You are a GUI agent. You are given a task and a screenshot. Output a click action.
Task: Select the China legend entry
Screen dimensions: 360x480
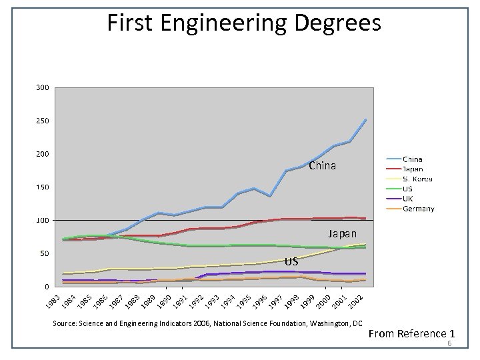click(x=412, y=159)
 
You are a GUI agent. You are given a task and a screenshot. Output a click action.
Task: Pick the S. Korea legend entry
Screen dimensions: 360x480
click(x=417, y=179)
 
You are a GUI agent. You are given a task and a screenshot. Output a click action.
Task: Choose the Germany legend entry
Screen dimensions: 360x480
click(x=418, y=209)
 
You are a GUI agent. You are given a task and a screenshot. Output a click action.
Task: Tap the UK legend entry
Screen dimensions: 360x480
click(x=408, y=199)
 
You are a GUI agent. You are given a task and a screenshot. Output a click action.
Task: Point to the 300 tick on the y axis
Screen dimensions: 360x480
click(x=43, y=87)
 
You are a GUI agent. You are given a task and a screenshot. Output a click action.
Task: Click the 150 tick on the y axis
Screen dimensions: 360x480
click(x=43, y=187)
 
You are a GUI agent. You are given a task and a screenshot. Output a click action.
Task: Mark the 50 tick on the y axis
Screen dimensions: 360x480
click(x=45, y=253)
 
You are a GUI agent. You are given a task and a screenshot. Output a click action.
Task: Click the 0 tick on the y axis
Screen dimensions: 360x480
click(x=47, y=287)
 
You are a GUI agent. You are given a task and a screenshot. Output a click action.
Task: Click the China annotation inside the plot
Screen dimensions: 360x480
click(x=322, y=165)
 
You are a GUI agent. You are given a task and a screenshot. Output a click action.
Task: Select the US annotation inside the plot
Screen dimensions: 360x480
click(x=291, y=262)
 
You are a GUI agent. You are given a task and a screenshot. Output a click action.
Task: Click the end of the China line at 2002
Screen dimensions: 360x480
click(x=365, y=120)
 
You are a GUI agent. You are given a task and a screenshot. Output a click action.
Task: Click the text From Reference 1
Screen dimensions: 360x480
click(x=411, y=333)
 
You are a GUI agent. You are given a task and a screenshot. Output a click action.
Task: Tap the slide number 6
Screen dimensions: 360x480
click(x=450, y=344)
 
